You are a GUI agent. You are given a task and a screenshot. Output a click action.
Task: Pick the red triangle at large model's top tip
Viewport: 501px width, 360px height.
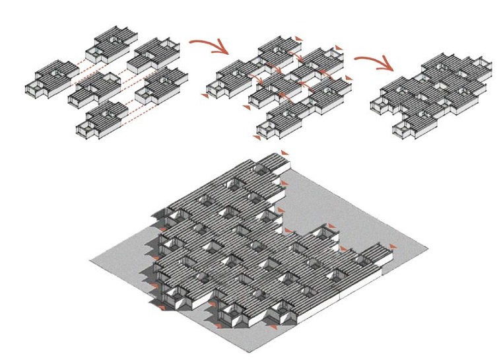[285, 153]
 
